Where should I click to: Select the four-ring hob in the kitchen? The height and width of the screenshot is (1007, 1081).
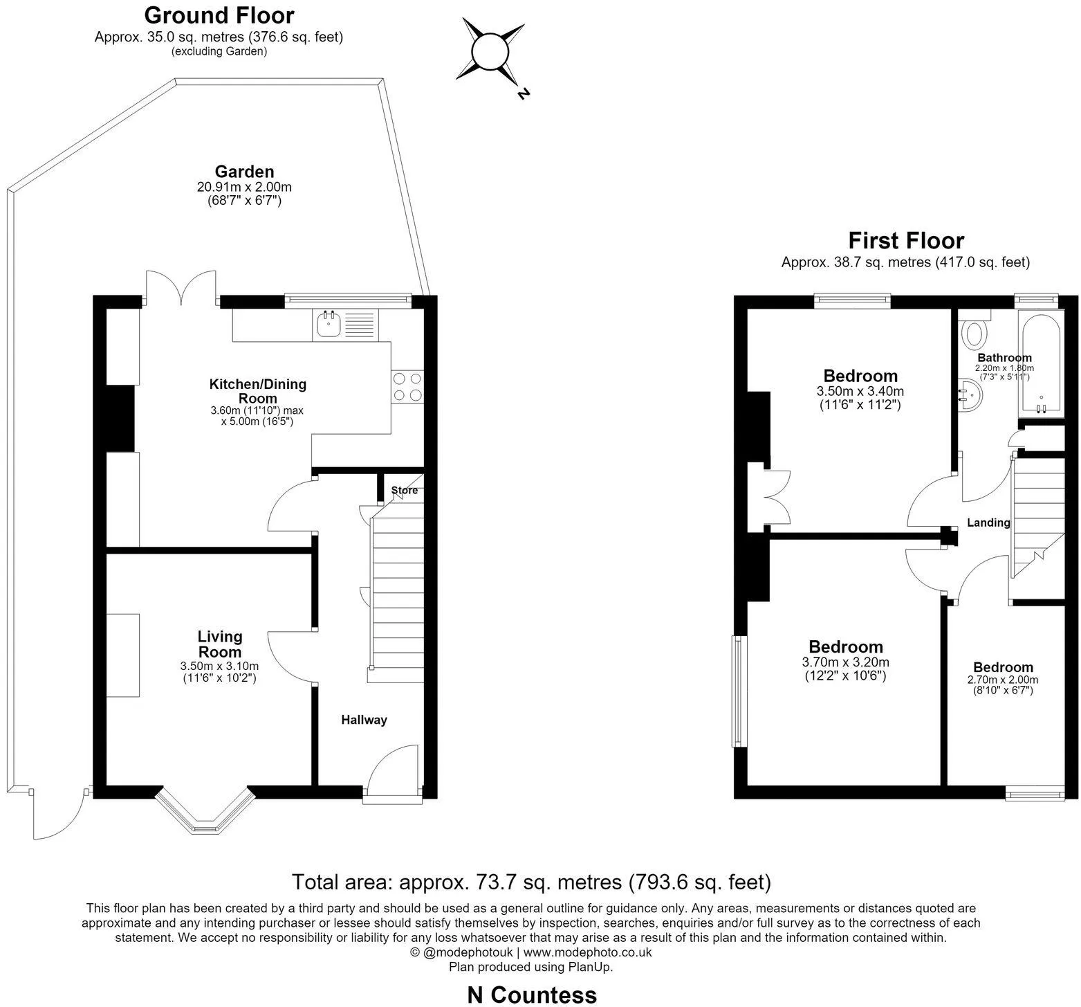click(x=407, y=387)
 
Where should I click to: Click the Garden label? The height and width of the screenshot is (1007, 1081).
click(x=244, y=172)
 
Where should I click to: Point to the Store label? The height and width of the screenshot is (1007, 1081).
click(x=405, y=490)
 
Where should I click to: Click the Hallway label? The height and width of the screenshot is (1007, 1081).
click(x=364, y=720)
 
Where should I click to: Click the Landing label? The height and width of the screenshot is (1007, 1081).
click(x=988, y=523)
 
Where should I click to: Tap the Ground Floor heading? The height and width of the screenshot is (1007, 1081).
click(x=219, y=15)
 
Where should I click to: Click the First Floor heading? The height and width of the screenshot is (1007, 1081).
click(x=906, y=240)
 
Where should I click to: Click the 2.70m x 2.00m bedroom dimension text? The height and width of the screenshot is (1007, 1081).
click(x=1002, y=680)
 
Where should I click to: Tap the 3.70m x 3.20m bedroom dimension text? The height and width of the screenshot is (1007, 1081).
click(x=845, y=662)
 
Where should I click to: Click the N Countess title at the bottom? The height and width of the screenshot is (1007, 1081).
click(x=532, y=995)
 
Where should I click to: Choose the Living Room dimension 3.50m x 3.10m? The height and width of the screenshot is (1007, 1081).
click(x=219, y=666)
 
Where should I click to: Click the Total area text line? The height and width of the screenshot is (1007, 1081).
click(x=531, y=882)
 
